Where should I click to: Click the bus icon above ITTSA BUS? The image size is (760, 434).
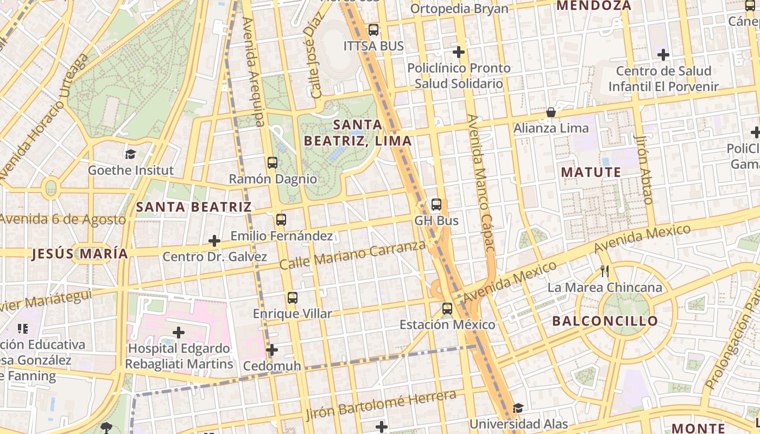(x=373, y=30)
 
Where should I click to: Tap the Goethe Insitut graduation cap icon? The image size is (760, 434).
(x=130, y=154)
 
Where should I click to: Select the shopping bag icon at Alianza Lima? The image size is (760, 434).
(x=551, y=112)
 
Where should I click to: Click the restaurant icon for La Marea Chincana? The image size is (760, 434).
(x=605, y=271)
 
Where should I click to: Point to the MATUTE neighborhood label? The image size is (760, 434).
(x=591, y=173)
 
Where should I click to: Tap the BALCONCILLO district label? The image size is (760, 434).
(x=605, y=321)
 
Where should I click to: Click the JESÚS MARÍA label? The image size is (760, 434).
(x=80, y=253)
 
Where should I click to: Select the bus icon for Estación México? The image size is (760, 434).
(x=447, y=309)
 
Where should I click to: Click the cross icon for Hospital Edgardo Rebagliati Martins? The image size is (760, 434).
(x=179, y=332)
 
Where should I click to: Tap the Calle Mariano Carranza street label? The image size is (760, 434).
(x=352, y=254)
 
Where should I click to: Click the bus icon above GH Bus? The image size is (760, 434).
(x=436, y=205)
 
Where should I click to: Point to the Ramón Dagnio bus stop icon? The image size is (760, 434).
(x=273, y=162)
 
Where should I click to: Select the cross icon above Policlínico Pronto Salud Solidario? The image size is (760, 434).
(x=459, y=52)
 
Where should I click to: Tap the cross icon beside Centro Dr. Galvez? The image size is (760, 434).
(x=214, y=240)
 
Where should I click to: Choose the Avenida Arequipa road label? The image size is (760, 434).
(x=254, y=71)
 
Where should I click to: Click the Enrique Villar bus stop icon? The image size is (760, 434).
(x=293, y=297)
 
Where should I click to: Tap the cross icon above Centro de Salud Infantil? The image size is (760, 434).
(x=663, y=55)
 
